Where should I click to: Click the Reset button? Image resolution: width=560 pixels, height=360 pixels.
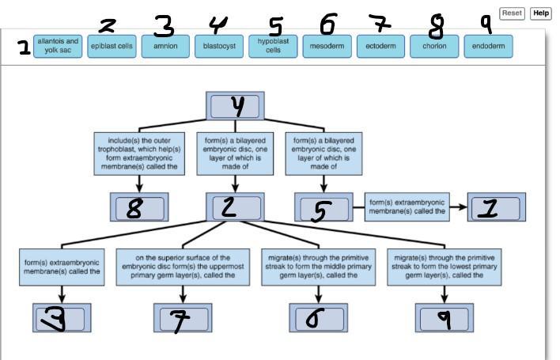pyautogui.click(x=513, y=13)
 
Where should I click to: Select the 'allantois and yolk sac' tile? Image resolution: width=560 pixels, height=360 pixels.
pyautogui.click(x=58, y=46)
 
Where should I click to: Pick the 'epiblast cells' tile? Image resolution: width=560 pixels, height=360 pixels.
pyautogui.click(x=112, y=46)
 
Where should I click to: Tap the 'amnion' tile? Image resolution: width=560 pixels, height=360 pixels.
pyautogui.click(x=165, y=46)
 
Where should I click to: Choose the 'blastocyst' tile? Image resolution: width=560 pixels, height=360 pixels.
pyautogui.click(x=219, y=46)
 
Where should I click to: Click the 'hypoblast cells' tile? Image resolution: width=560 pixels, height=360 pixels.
pyautogui.click(x=273, y=46)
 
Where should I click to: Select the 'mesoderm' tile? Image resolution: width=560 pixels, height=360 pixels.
pyautogui.click(x=327, y=46)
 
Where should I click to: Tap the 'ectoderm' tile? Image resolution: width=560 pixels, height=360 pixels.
pyautogui.click(x=380, y=46)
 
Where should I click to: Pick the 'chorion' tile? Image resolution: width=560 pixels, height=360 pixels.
pyautogui.click(x=434, y=46)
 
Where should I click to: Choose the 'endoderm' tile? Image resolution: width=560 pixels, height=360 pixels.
pyautogui.click(x=488, y=46)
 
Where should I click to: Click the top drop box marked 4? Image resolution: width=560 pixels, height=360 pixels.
pyautogui.click(x=235, y=105)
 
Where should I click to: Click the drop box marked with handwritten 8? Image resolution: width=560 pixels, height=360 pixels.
pyautogui.click(x=139, y=207)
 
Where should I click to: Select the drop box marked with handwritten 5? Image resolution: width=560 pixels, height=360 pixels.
pyautogui.click(x=323, y=207)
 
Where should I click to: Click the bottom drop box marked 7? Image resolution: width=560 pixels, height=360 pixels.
pyautogui.click(x=184, y=317)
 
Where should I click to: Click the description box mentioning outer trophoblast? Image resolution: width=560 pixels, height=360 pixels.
pyautogui.click(x=139, y=153)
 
